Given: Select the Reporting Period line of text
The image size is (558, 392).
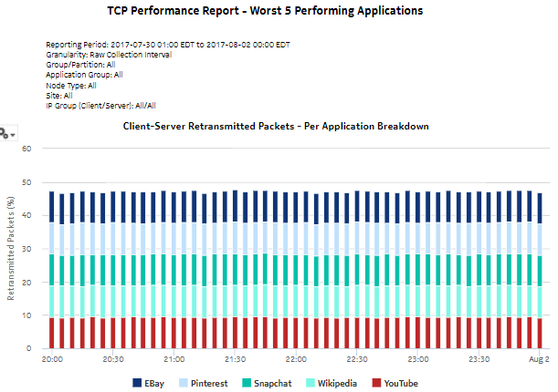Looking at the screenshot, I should (x=168, y=44).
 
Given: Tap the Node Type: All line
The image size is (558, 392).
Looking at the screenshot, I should (x=71, y=85).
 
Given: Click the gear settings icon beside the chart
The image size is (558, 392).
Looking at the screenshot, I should (x=6, y=133).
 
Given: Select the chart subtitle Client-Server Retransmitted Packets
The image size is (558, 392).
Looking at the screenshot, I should (x=275, y=126).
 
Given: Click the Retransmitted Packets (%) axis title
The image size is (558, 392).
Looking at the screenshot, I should (x=12, y=247).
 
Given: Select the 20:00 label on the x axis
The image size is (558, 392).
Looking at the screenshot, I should (x=52, y=359).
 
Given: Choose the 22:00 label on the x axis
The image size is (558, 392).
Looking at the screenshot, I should (x=296, y=359).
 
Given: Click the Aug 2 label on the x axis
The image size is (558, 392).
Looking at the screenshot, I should (x=539, y=359).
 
